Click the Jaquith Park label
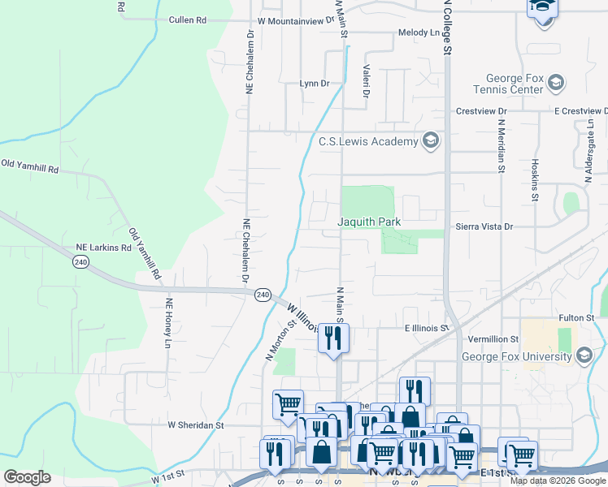click(370, 222)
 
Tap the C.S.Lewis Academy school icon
click(431, 141)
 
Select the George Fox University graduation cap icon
click(583, 356)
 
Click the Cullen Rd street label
click(188, 19)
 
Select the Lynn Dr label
click(314, 84)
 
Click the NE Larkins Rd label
click(103, 247)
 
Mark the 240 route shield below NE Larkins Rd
click(80, 261)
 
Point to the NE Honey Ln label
click(169, 324)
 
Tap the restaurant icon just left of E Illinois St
click(332, 337)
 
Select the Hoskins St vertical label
click(535, 179)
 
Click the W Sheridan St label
click(195, 425)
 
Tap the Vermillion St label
click(493, 338)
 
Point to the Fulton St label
click(578, 318)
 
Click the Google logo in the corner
click(27, 476)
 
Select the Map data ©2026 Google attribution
click(557, 481)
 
